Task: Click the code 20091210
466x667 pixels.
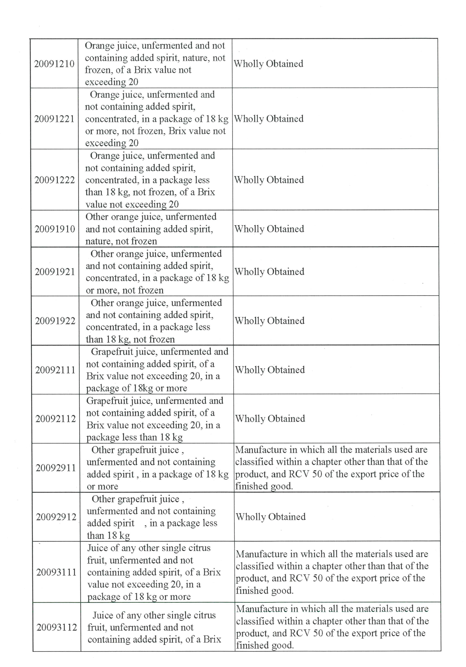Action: [x=54, y=64]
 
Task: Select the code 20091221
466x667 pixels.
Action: [x=54, y=119]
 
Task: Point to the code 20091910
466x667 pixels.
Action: [x=55, y=229]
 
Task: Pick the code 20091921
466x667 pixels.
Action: [x=55, y=272]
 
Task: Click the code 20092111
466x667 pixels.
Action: [x=55, y=370]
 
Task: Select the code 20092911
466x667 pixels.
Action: [x=56, y=468]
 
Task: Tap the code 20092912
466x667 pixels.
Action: [x=56, y=517]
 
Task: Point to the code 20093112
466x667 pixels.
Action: [x=57, y=627]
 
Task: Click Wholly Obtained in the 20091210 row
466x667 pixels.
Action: [x=268, y=64]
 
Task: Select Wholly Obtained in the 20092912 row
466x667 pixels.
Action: [x=270, y=517]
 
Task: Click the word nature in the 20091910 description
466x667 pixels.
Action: [x=98, y=241]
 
